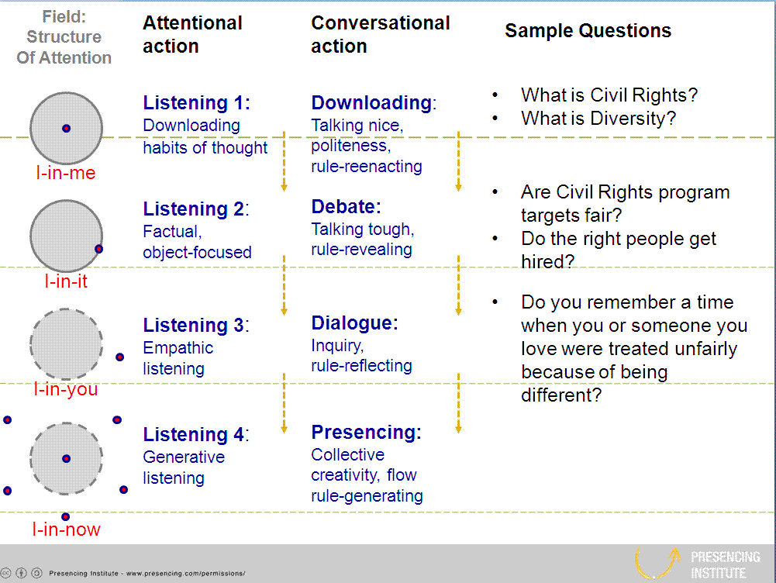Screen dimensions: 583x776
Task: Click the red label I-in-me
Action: (x=66, y=173)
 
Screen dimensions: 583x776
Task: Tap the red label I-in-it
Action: (x=66, y=281)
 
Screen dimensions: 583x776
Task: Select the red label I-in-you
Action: (x=66, y=389)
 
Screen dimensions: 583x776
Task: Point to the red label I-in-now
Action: (x=66, y=530)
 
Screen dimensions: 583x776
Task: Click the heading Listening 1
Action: (x=195, y=103)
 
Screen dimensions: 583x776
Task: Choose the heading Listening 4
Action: (x=195, y=435)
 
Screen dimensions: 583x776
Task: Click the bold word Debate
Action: (x=346, y=207)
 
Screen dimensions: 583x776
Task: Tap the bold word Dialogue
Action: (x=354, y=323)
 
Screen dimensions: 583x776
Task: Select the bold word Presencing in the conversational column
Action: (x=365, y=432)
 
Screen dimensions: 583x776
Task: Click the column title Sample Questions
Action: (x=588, y=32)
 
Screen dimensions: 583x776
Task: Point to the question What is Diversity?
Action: (x=598, y=119)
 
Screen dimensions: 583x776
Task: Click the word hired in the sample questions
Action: (x=547, y=262)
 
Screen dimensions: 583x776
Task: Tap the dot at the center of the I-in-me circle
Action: (x=66, y=128)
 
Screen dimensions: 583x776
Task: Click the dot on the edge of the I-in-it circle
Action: (x=98, y=249)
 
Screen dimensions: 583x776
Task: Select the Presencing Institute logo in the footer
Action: (x=697, y=564)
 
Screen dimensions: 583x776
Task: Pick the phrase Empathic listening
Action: (x=178, y=358)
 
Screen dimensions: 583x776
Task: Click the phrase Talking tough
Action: (x=362, y=229)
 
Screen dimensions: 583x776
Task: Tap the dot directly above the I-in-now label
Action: (x=66, y=516)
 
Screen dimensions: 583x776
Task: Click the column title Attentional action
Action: (x=192, y=35)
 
